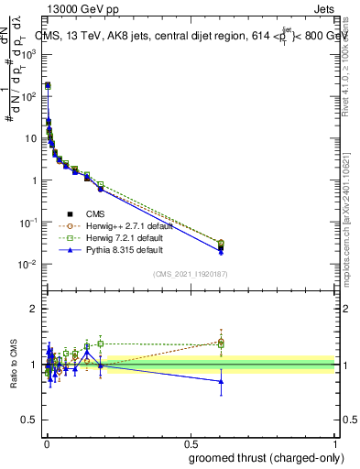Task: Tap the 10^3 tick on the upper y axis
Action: pos(30,54)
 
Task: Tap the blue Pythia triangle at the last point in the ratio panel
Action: pos(221,381)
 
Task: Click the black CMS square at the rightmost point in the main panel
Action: pos(221,247)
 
